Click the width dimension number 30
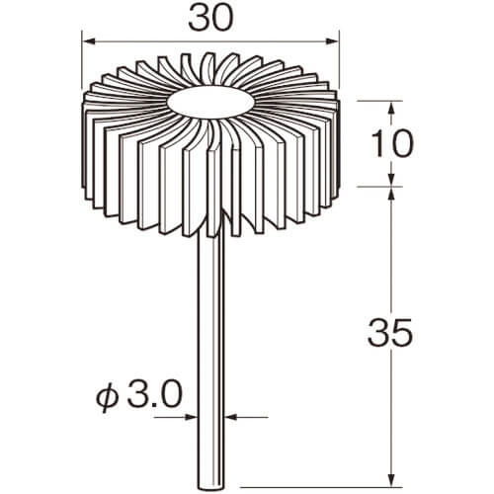pos(211,17)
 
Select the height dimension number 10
pos(392,144)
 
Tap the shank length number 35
pos(390,332)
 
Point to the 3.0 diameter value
pos(154,394)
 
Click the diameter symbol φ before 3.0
pos(107,397)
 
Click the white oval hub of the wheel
pos(210,103)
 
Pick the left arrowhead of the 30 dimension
pos(88,41)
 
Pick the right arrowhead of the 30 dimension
pos(332,41)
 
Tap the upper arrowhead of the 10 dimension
pos(391,108)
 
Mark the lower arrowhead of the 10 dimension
pos(391,180)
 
